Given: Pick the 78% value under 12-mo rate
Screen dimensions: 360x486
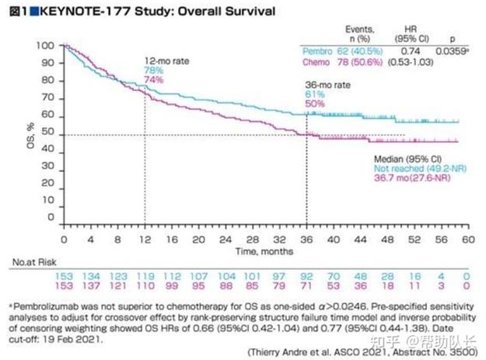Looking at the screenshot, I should click(153, 70).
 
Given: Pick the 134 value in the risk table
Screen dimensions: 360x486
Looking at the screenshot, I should click(92, 276).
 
